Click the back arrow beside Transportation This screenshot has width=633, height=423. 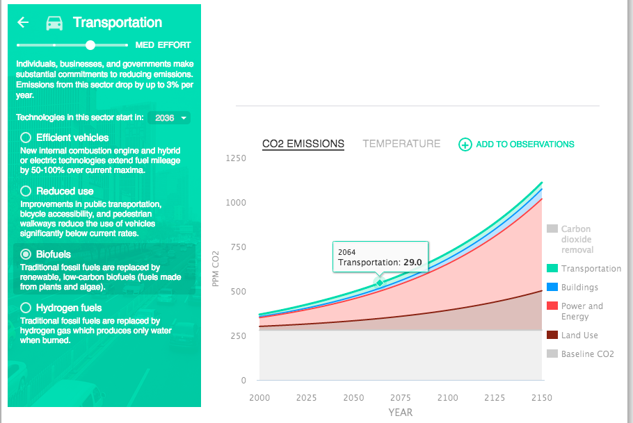(x=23, y=22)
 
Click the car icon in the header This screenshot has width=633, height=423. (x=54, y=23)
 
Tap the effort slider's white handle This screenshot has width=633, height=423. (x=90, y=45)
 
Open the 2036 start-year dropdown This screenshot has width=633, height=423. (x=170, y=118)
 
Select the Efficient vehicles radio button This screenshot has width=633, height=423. (x=26, y=138)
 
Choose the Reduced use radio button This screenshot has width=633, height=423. (x=26, y=191)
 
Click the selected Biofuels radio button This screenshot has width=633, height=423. (x=26, y=254)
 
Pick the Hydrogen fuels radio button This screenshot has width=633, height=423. (x=26, y=308)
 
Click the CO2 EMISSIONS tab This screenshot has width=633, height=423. (x=303, y=144)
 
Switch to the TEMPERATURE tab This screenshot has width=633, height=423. (x=401, y=144)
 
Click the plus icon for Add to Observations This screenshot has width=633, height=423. (x=465, y=144)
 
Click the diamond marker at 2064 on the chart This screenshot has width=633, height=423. (x=379, y=281)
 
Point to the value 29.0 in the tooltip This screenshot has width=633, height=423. (x=413, y=263)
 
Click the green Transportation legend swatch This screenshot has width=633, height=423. (x=552, y=269)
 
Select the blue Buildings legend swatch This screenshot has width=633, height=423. (x=552, y=287)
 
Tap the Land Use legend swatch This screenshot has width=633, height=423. (x=552, y=335)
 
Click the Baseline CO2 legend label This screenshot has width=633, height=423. (x=588, y=354)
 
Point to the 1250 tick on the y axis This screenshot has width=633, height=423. (x=237, y=158)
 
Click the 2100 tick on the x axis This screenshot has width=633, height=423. (x=447, y=398)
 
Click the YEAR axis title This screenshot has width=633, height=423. (x=400, y=413)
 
